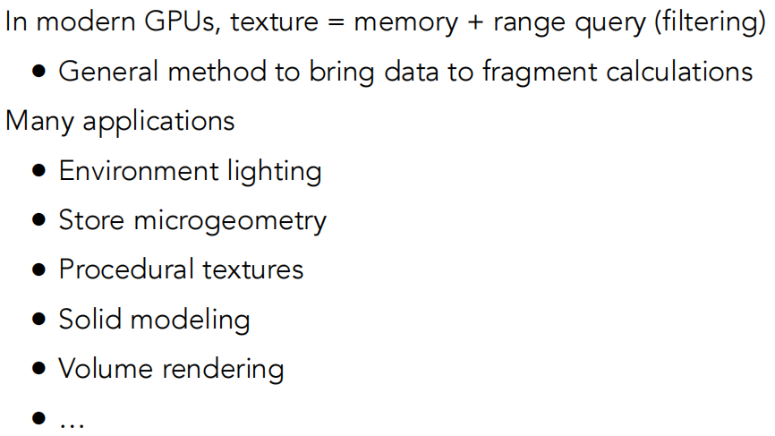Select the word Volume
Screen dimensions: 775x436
[x=100, y=368]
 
